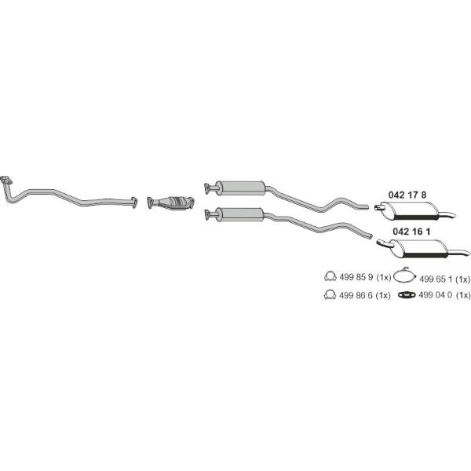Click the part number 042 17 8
coord(407,195)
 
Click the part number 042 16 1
coord(411,232)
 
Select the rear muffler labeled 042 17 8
coord(415,210)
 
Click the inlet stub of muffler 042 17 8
coord(379,207)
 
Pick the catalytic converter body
coord(175,203)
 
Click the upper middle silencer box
coord(240,188)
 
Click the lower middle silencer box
coord(240,214)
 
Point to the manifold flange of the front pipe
coord(6,180)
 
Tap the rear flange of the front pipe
coord(134,202)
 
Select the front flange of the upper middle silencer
coord(207,188)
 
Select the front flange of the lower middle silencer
coord(207,215)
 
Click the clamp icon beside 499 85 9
coord(330,276)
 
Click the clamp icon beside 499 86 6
coord(330,294)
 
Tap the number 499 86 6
coord(356,296)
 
